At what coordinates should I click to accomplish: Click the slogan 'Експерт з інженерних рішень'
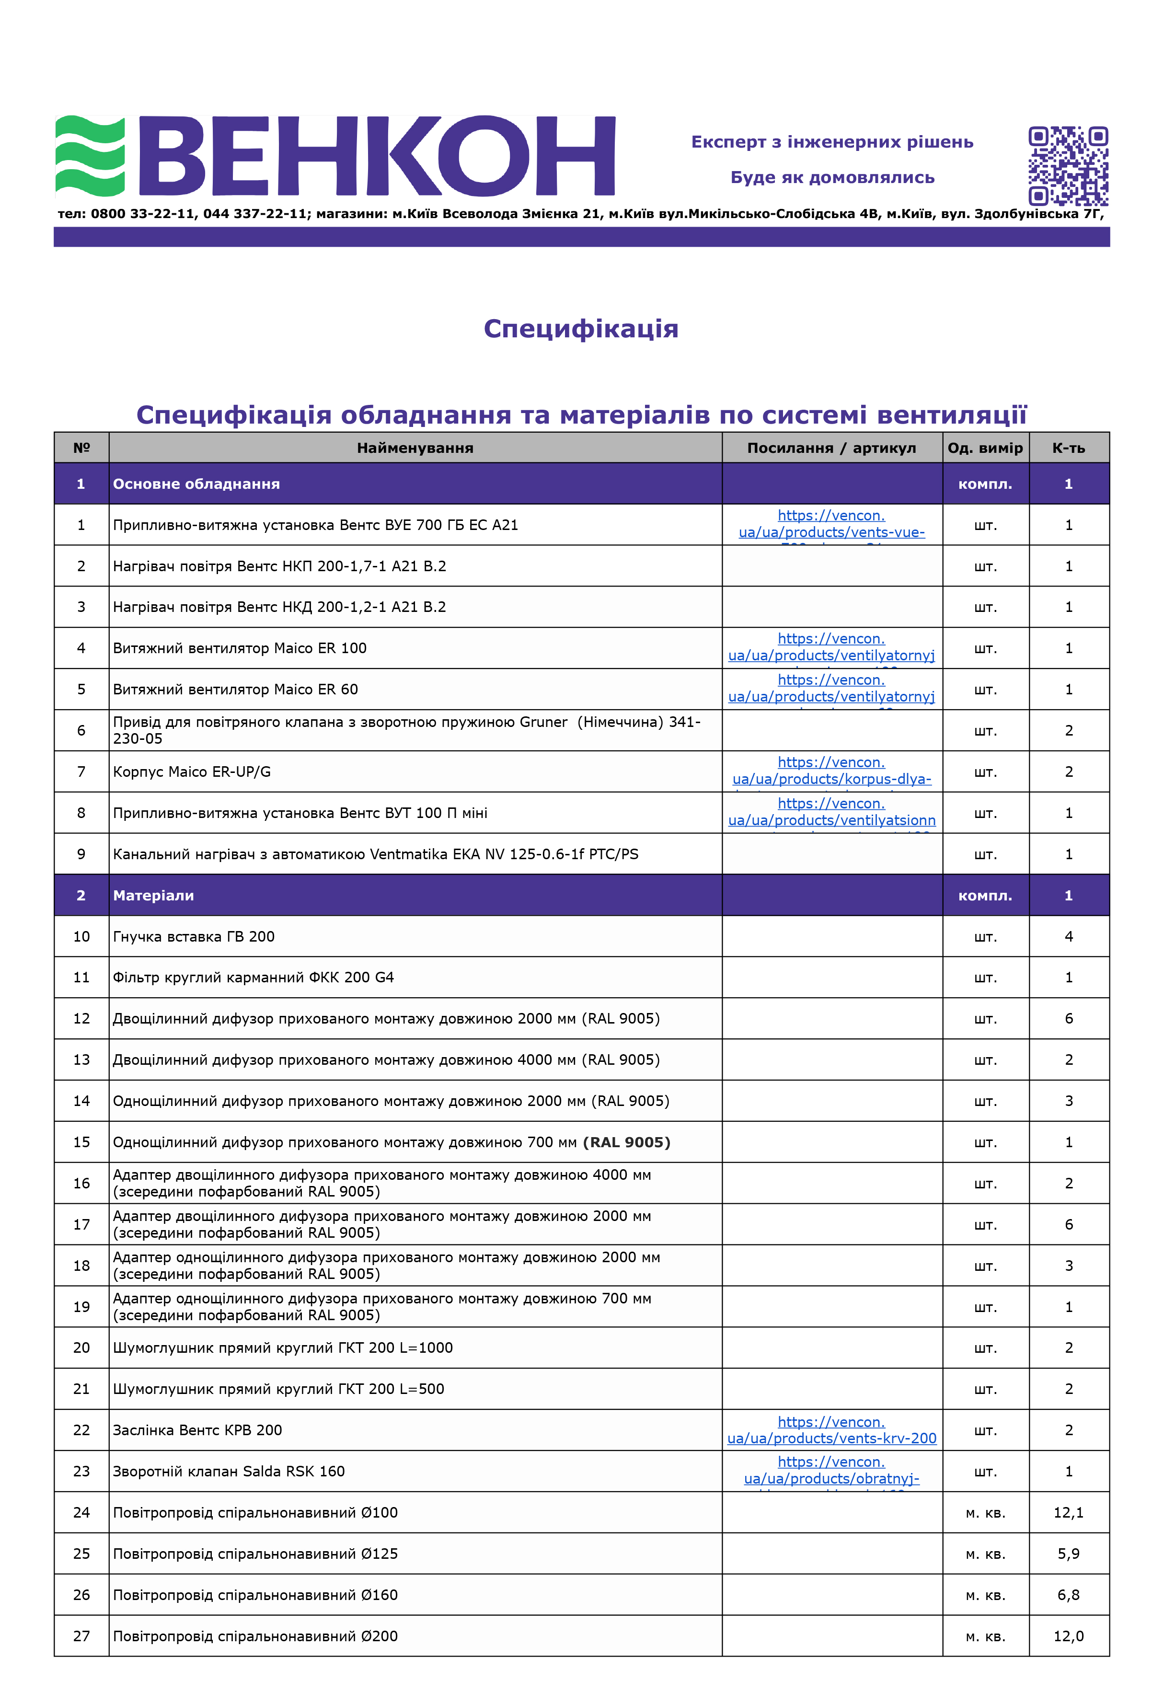[832, 142]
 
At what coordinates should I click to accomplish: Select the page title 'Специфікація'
[581, 329]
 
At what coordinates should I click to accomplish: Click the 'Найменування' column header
[415, 448]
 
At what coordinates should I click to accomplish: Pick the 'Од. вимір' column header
[985, 448]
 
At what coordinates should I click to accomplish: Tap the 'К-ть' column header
[1069, 448]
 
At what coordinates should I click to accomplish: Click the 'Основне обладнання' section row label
[196, 484]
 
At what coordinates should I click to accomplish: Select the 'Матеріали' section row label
[153, 896]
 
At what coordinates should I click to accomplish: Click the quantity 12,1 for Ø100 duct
[1069, 1512]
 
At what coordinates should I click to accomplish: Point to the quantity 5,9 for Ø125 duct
[1069, 1554]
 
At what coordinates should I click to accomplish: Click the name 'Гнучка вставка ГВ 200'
[193, 936]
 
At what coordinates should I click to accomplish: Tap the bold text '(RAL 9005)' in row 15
[626, 1142]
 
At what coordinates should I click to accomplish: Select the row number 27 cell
[81, 1636]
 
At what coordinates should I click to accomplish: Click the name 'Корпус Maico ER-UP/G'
[192, 771]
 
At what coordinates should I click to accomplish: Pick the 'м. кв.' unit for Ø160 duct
[985, 1595]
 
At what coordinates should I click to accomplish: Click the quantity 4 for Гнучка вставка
[1069, 936]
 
